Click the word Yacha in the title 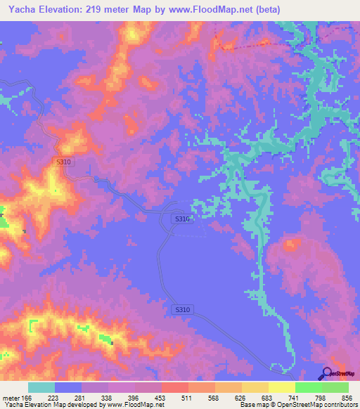click(20, 10)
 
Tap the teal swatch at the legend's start click(41, 387)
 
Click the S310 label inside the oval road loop click(182, 219)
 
